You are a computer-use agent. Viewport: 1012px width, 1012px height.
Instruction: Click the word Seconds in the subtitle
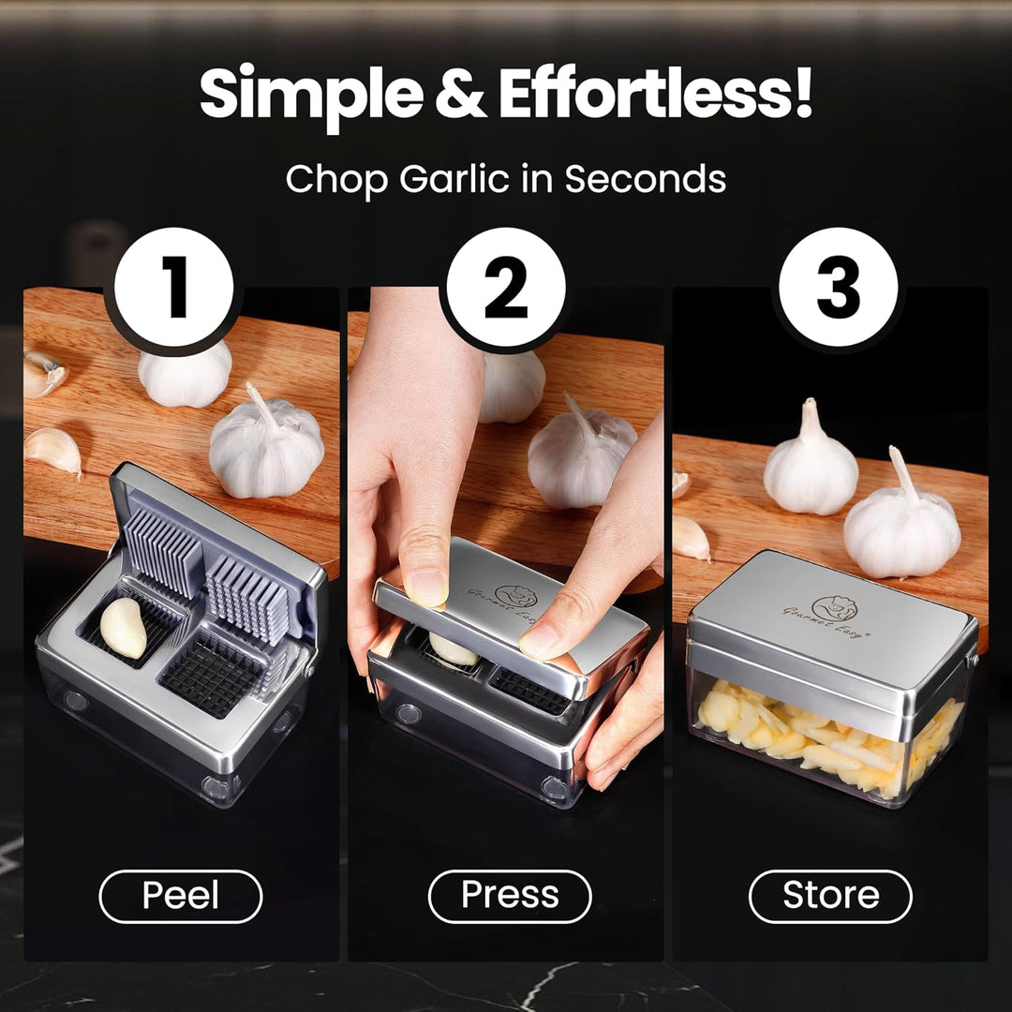(x=646, y=178)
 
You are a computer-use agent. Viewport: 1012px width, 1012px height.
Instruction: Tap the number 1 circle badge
(x=173, y=287)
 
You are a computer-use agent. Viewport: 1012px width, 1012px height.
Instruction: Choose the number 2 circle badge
(x=506, y=287)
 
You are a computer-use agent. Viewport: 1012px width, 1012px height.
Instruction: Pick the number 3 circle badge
(x=838, y=287)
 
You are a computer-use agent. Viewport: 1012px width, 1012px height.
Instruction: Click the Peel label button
(x=181, y=896)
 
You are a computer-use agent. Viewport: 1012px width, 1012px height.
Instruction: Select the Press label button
(x=510, y=896)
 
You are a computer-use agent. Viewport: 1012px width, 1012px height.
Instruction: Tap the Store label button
(x=830, y=896)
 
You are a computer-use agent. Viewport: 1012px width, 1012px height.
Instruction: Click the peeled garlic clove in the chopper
(x=124, y=627)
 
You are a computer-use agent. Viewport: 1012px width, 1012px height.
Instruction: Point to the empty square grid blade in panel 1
(x=213, y=675)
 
